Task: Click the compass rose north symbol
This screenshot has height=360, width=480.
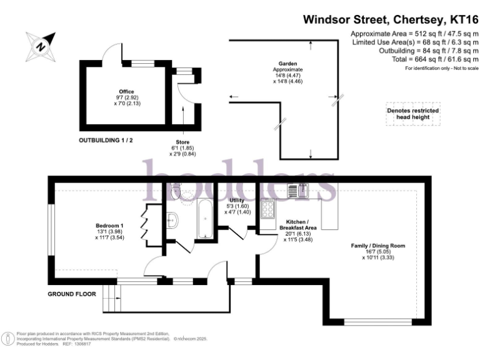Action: click(x=41, y=46)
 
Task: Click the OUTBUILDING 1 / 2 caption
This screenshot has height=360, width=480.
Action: click(x=106, y=141)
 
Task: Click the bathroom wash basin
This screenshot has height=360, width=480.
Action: click(x=172, y=219)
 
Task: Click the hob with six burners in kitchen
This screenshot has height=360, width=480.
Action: click(x=267, y=209)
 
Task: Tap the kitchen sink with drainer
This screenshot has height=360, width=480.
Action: click(x=297, y=190)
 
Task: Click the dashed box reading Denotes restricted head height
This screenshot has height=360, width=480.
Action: click(x=413, y=114)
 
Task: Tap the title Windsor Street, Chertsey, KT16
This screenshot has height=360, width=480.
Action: click(x=391, y=19)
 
